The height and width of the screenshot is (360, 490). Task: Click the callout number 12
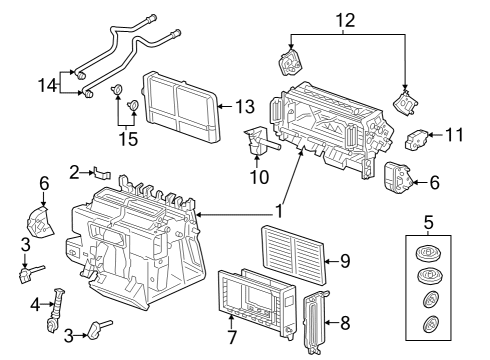click(x=345, y=20)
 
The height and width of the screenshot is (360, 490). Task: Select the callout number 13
click(x=245, y=106)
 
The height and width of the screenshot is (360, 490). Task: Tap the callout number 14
click(x=48, y=85)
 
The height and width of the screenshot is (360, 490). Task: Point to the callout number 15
click(x=128, y=139)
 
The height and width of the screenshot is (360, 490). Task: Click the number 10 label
click(x=259, y=177)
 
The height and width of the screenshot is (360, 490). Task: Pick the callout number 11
click(x=454, y=135)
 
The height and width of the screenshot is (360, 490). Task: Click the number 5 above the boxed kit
click(x=428, y=222)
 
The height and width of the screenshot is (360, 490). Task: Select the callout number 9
click(x=345, y=261)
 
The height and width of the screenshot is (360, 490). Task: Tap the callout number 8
click(x=345, y=323)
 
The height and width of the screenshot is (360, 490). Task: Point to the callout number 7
click(x=231, y=337)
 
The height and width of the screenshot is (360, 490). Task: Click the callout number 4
click(x=35, y=304)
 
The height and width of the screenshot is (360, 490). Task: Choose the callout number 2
click(x=75, y=173)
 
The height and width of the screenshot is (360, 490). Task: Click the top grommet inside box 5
click(x=428, y=253)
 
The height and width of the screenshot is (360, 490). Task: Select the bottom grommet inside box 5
click(x=431, y=324)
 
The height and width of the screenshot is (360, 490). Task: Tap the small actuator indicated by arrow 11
click(x=417, y=139)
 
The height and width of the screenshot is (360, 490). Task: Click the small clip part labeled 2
click(x=101, y=173)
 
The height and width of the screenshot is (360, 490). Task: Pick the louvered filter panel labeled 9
click(x=294, y=255)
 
